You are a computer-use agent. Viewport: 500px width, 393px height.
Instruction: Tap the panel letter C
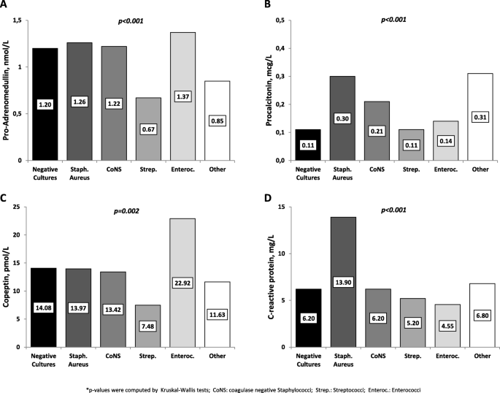[x=6, y=199]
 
